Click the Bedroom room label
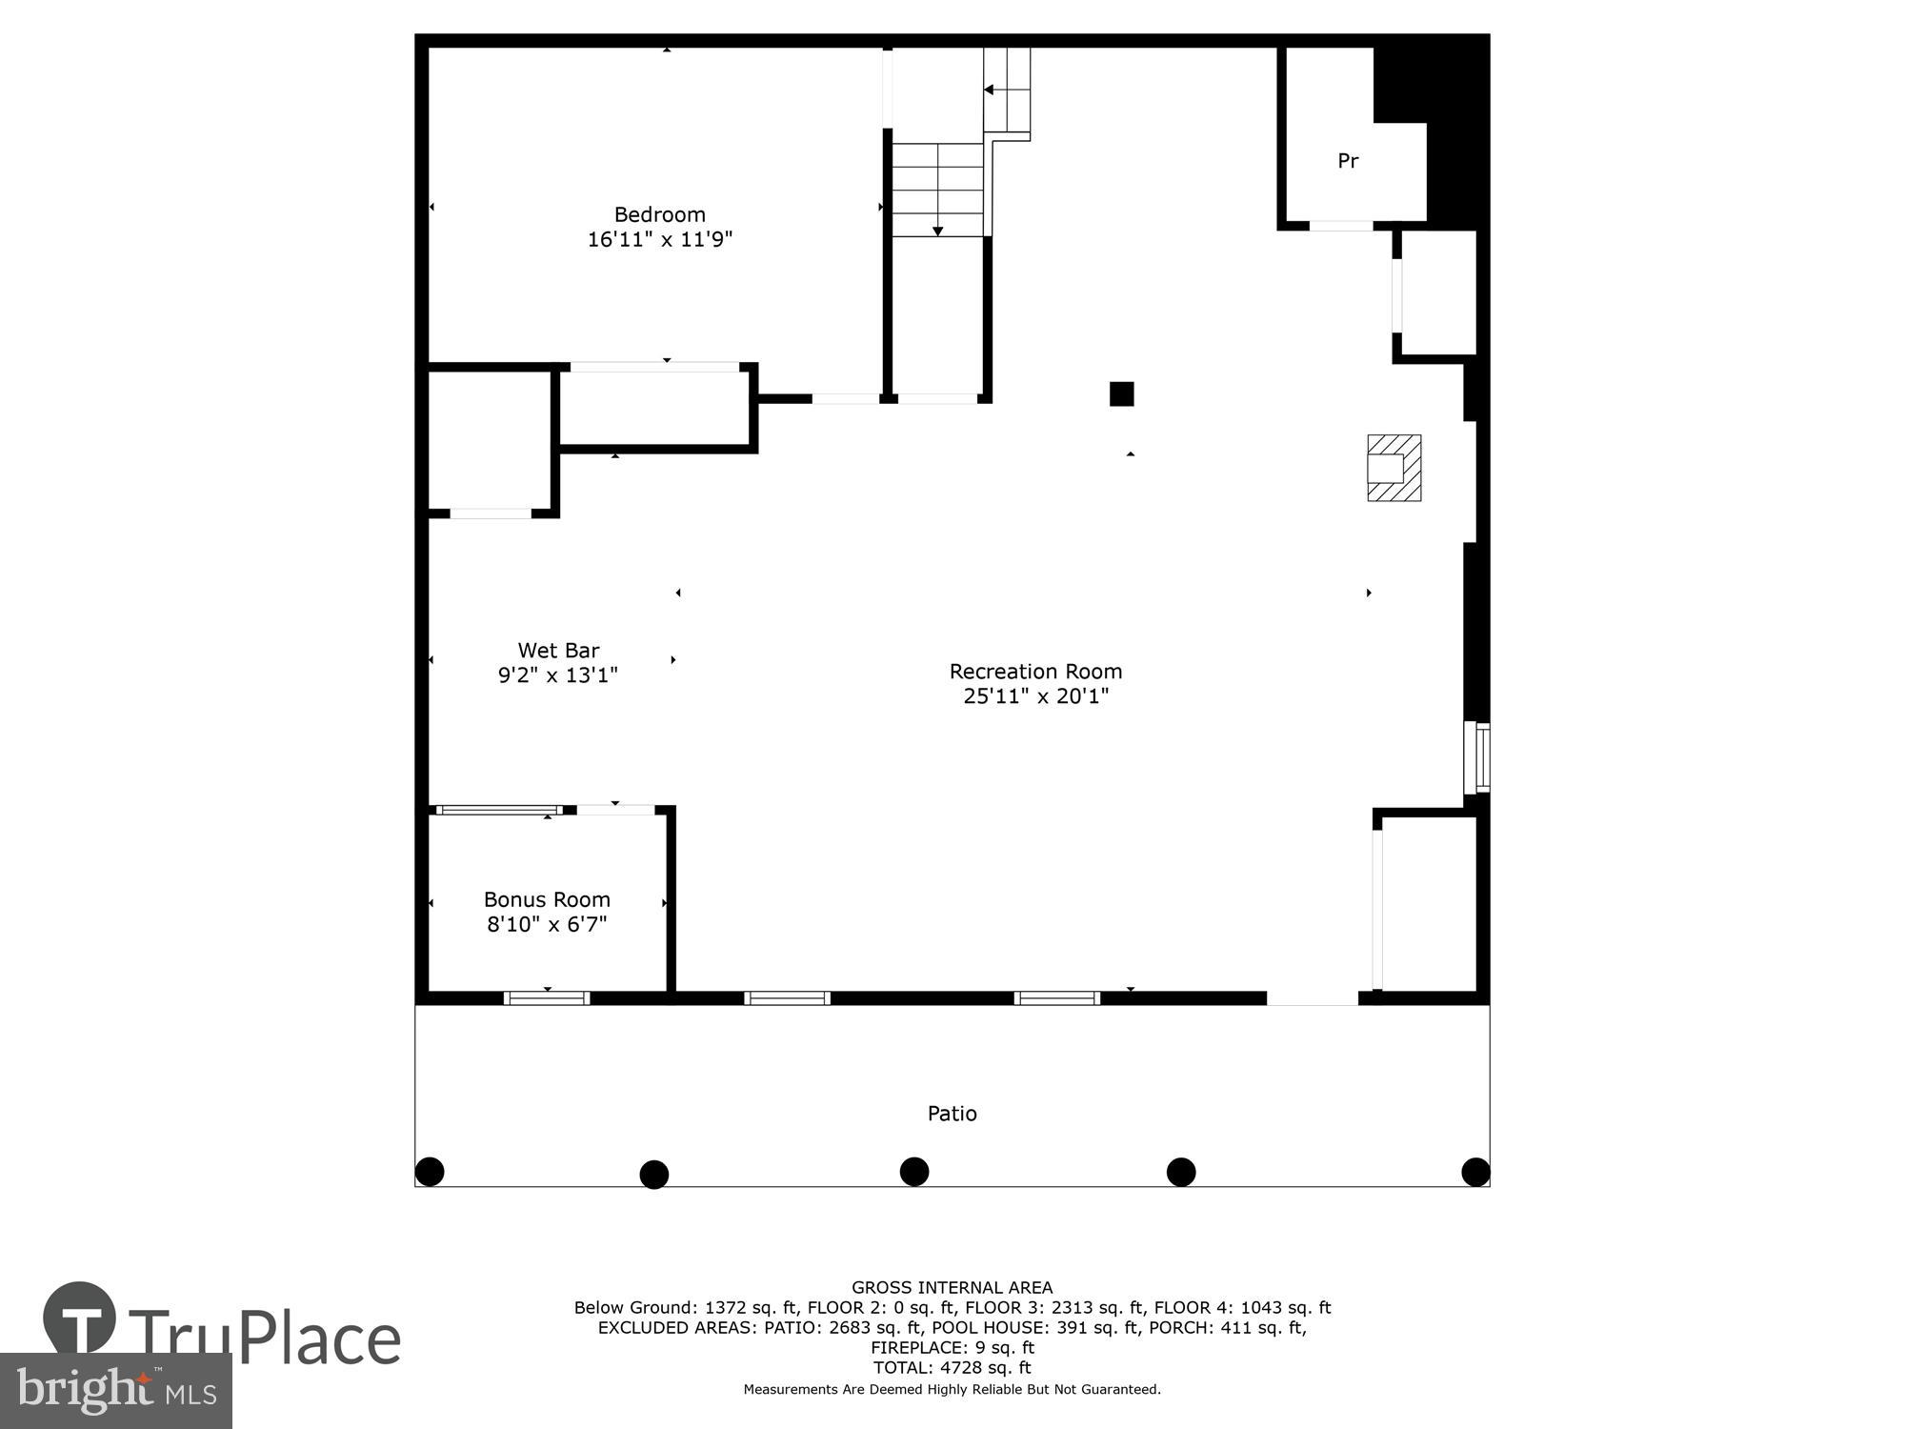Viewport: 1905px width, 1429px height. tap(659, 214)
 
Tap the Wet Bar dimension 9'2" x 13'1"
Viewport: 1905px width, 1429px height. tap(558, 675)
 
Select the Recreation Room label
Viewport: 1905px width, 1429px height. tap(1035, 672)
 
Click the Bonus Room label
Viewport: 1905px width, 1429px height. tap(547, 899)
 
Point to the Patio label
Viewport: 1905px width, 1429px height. tap(952, 1114)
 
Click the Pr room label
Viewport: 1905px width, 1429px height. tap(1347, 161)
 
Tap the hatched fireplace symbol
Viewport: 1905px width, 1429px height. tap(1394, 468)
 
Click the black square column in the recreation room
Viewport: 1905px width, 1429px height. tap(1121, 393)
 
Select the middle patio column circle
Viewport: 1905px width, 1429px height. tap(914, 1171)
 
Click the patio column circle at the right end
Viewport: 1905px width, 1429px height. tap(1475, 1172)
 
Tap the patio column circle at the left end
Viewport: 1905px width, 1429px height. tap(430, 1171)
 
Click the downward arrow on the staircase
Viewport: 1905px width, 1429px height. tap(937, 231)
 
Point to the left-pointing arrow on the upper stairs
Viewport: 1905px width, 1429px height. tap(989, 90)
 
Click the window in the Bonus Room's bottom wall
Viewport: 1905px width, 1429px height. tap(547, 997)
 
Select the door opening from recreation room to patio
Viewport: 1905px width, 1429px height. tap(1312, 997)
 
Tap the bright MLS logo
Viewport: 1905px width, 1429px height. tap(115, 1392)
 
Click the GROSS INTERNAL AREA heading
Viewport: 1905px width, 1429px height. tap(952, 1288)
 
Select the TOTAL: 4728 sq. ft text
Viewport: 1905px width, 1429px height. tap(952, 1367)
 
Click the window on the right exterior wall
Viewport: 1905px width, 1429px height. tap(1477, 757)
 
